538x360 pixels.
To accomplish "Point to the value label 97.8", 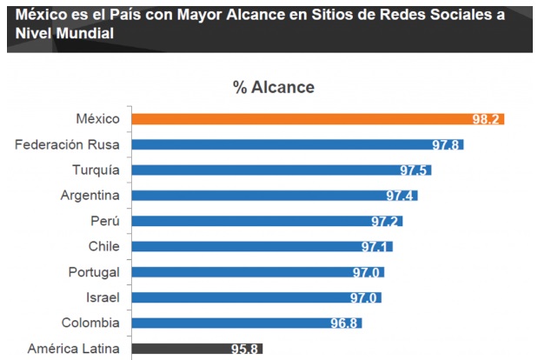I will [x=447, y=144].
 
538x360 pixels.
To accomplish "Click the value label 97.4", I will [x=401, y=196].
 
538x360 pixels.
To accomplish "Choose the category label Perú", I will [x=105, y=221].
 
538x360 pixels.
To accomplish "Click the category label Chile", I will [x=104, y=247].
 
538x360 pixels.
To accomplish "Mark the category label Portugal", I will [x=94, y=272].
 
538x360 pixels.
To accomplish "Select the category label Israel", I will [x=102, y=298].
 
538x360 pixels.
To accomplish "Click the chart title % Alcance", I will [x=273, y=87].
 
